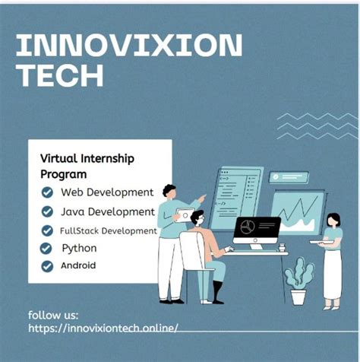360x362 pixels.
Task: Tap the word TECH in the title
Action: coord(60,76)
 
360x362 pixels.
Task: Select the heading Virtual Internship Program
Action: coord(87,167)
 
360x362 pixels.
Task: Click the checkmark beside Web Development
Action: coord(47,192)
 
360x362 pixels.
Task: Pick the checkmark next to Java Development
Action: coord(47,211)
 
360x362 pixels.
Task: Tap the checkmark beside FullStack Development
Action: coord(47,230)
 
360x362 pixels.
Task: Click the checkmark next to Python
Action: coord(47,248)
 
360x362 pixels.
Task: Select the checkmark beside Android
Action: coord(47,265)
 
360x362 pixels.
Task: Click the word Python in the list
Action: coord(79,248)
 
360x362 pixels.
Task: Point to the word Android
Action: coord(78,265)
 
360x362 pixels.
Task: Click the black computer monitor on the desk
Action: coord(256,229)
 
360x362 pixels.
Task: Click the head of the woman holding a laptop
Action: coord(333,221)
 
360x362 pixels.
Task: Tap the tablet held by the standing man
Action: coord(185,215)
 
